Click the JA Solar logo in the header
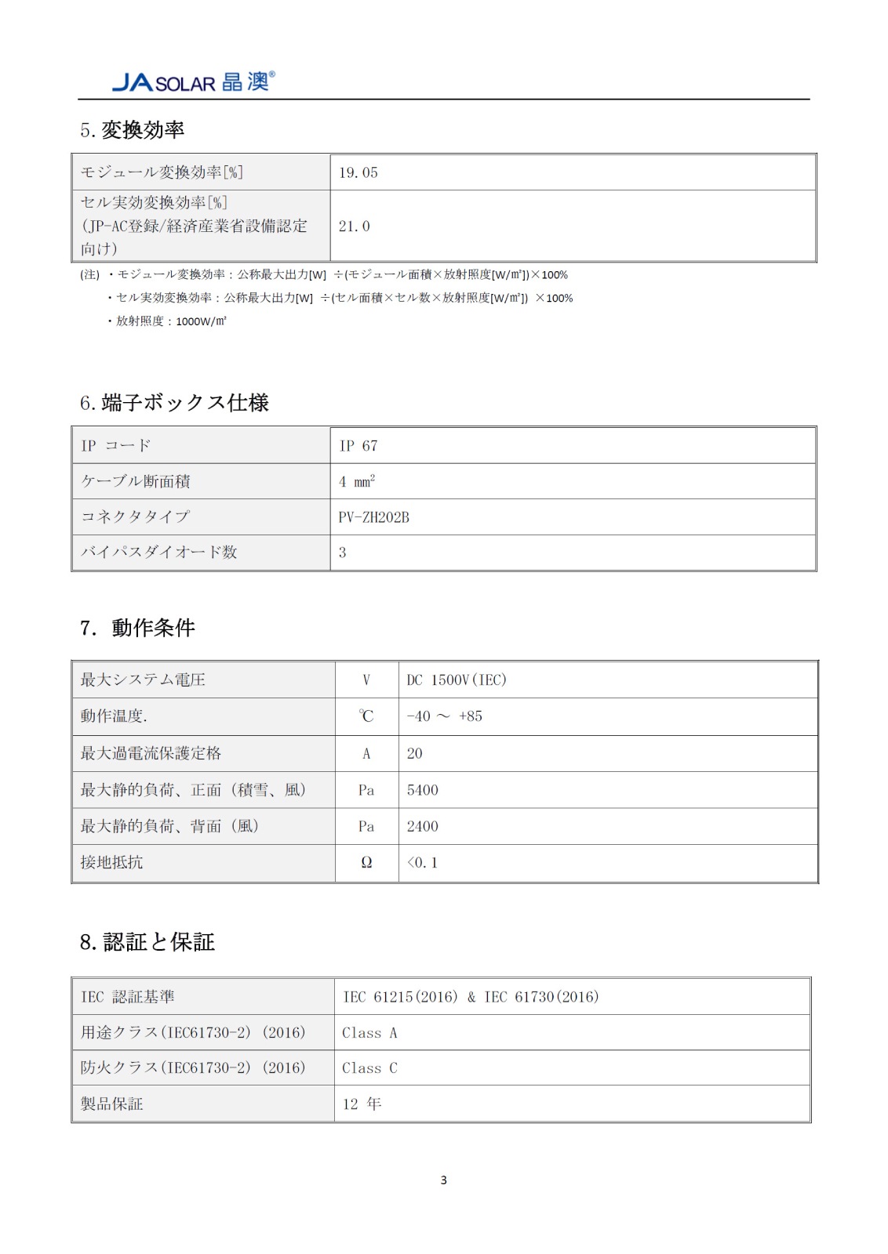tap(193, 82)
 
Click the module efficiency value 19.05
tap(358, 172)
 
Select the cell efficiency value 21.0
tap(355, 227)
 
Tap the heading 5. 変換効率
tap(132, 130)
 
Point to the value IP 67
tap(358, 446)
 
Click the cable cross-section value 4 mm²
tap(357, 482)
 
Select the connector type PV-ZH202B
tap(374, 517)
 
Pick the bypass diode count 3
tap(343, 553)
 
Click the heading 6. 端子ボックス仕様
tap(174, 403)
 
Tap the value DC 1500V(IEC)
tap(457, 680)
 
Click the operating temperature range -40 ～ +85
tap(445, 716)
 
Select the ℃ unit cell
tap(366, 716)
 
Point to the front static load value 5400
tap(423, 790)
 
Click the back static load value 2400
tap(423, 826)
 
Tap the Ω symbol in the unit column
tap(366, 863)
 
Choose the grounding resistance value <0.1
tap(423, 863)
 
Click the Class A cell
tap(369, 1033)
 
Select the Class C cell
tap(369, 1068)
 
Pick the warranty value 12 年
tap(362, 1104)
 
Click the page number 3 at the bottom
tap(444, 1180)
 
